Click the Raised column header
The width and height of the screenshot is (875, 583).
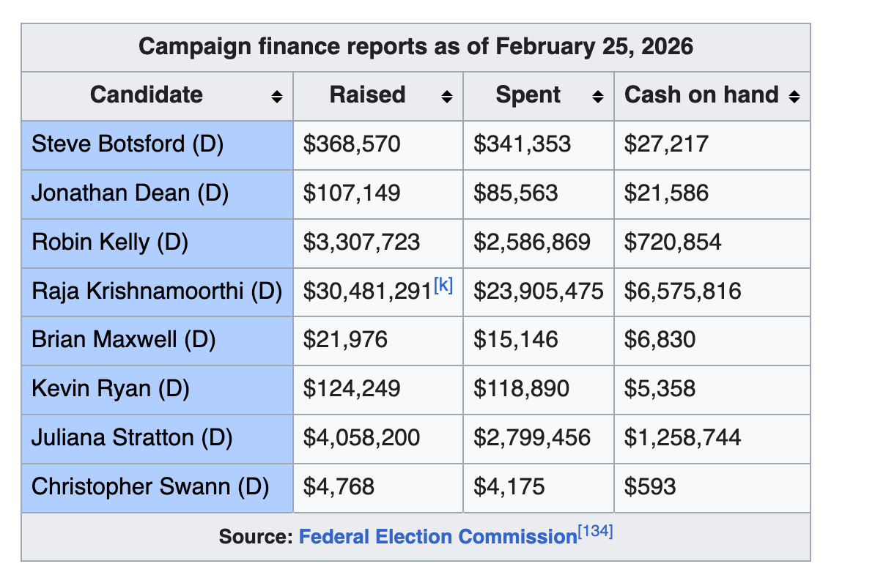click(367, 95)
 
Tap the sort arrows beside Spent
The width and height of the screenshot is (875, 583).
click(598, 97)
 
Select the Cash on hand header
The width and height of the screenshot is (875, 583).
click(701, 95)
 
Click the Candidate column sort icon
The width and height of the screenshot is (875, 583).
click(276, 97)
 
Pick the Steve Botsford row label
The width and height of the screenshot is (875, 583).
click(128, 144)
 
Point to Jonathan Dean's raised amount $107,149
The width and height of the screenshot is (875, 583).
click(352, 193)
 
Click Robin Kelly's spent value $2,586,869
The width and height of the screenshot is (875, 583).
click(531, 242)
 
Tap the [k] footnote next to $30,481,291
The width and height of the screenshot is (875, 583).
click(443, 286)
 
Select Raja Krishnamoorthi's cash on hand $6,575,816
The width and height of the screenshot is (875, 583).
click(682, 291)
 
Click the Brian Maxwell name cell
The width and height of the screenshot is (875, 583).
click(123, 340)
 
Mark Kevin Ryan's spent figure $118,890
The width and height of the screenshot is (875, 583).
click(521, 389)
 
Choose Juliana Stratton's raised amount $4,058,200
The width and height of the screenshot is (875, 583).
click(362, 438)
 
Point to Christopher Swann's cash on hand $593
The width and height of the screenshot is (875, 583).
click(650, 487)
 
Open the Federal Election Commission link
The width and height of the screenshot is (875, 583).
click(437, 537)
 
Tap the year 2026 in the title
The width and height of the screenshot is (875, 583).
click(666, 47)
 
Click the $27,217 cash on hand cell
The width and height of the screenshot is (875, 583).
click(666, 144)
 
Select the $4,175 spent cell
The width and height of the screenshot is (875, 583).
click(509, 487)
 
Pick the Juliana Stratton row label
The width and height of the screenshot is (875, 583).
click(132, 438)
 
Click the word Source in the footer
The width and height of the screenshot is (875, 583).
click(255, 537)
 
